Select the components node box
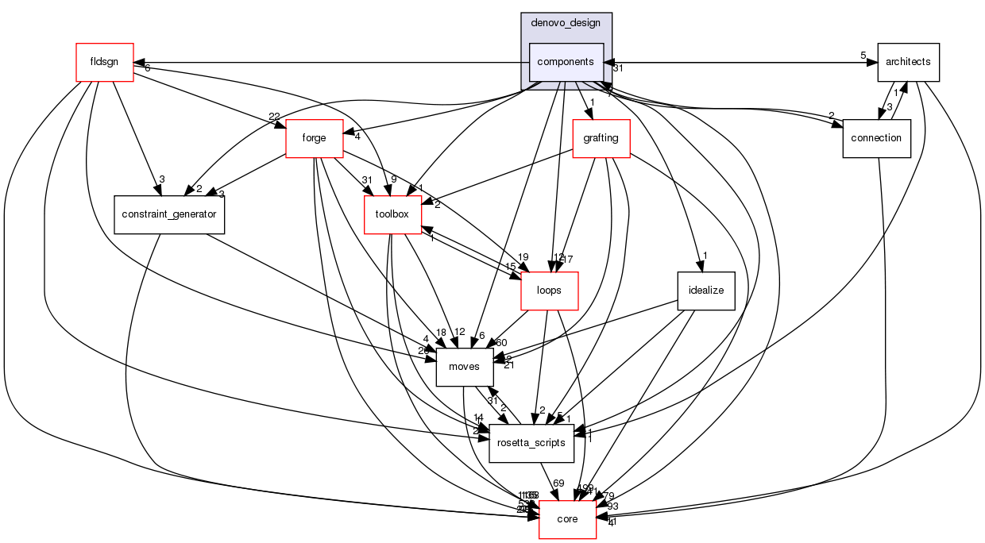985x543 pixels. click(566, 62)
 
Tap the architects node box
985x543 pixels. click(908, 62)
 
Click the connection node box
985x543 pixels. click(876, 138)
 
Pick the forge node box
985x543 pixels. click(314, 138)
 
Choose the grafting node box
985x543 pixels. click(601, 138)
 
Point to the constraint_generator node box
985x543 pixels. click(169, 214)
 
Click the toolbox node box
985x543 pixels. click(392, 214)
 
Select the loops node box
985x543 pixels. click(549, 291)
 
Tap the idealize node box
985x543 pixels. click(706, 291)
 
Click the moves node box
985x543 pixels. click(465, 367)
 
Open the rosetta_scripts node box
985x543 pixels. click(531, 443)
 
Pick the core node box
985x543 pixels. click(567, 519)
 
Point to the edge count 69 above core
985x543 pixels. click(558, 483)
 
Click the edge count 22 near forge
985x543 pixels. click(274, 117)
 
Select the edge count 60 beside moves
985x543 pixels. click(501, 342)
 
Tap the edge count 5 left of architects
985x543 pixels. click(863, 56)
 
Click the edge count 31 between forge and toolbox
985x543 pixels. click(366, 179)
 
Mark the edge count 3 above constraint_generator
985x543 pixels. click(161, 179)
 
